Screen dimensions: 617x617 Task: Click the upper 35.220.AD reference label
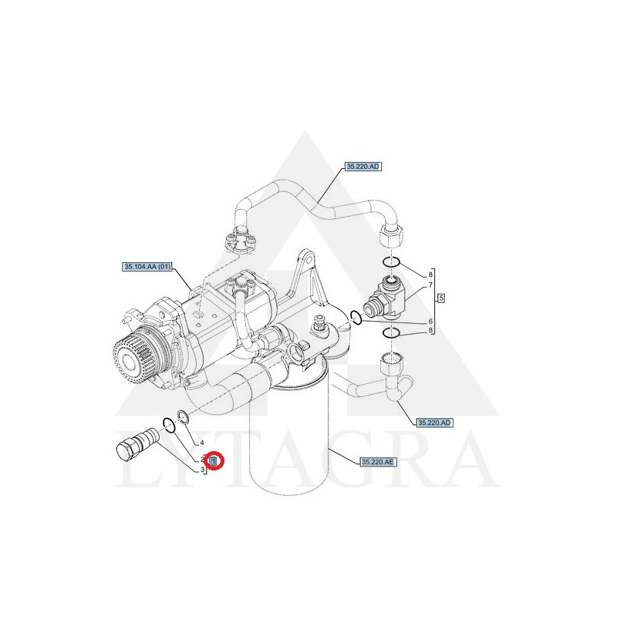click(362, 167)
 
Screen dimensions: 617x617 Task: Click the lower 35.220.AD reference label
click(434, 423)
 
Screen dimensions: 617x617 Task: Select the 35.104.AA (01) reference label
click(147, 267)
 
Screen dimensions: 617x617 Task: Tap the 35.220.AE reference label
click(378, 462)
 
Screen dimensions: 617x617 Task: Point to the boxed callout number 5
click(441, 298)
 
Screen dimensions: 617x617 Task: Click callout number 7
click(430, 285)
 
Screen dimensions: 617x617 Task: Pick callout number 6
click(430, 321)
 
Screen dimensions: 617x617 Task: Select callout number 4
click(202, 443)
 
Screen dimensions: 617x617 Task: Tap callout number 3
click(202, 470)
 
